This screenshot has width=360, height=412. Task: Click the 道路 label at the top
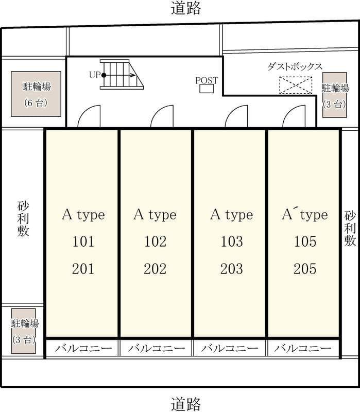pos(186,8)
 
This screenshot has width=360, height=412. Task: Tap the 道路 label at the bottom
pos(186,404)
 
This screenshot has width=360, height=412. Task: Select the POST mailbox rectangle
pos(207,89)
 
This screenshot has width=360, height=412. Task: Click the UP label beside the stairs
pos(95,75)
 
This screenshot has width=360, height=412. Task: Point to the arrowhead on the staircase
pos(133,75)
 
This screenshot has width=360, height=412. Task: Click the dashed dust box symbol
pos(296,85)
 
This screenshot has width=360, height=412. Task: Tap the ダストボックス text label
pos(295,66)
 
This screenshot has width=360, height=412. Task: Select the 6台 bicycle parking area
pos(36,94)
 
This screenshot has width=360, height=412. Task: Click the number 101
pos(83,242)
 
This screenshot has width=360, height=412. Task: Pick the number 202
pos(155,269)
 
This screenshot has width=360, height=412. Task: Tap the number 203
pos(232,269)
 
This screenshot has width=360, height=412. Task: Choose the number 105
pos(305,242)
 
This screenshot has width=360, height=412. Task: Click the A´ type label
pos(305,215)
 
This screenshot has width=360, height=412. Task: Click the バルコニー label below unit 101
pos(83,349)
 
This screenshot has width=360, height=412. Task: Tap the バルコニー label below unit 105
pos(303,349)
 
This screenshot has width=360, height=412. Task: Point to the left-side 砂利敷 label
pos(23,219)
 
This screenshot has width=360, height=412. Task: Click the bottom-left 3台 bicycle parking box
pos(24,331)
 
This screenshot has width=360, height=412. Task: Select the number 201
pos(83,269)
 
